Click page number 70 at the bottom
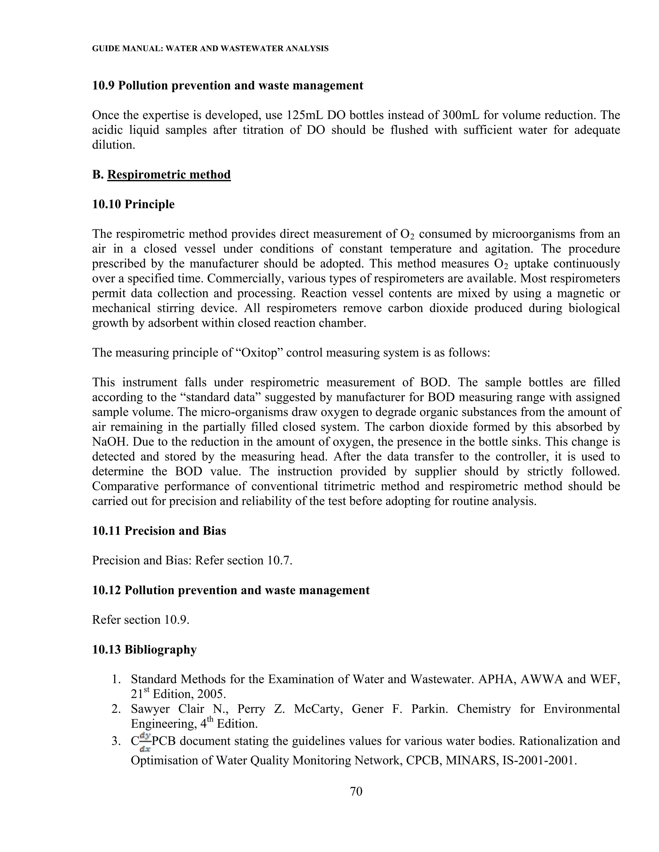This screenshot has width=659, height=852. (356, 791)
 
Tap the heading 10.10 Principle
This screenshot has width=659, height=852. (133, 204)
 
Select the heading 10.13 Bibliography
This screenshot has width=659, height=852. (144, 649)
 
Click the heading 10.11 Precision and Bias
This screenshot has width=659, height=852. (159, 530)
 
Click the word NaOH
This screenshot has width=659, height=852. (108, 442)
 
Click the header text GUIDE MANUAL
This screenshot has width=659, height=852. (126, 49)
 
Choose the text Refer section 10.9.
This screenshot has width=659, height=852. (141, 620)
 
